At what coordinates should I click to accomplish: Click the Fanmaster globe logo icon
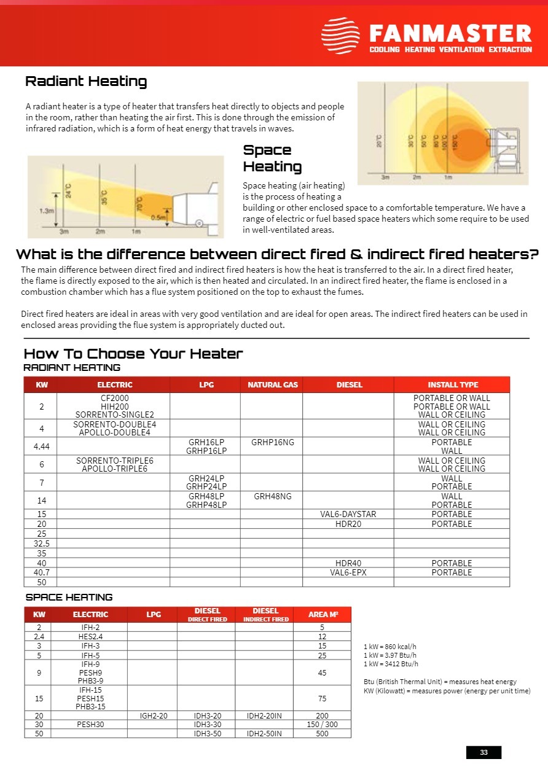pos(340,36)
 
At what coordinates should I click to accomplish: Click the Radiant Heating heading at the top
pos(86,82)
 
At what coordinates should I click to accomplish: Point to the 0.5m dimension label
pos(158,217)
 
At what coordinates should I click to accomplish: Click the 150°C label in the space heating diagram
pos(455,141)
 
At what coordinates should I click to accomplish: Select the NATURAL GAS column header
pos(272,384)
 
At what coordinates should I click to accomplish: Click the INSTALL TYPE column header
pos(453,384)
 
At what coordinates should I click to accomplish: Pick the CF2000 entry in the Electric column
pos(115,398)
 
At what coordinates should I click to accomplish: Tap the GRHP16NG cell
pos(272,442)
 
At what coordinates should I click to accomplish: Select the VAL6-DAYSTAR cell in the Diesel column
pos(348,514)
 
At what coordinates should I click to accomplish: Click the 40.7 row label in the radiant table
pos(42,572)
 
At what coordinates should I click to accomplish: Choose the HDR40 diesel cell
pos(348,563)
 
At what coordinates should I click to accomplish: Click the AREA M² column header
pos(323,615)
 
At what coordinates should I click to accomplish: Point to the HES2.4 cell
pos(90,637)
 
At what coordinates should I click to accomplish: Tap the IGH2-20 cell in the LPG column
pos(154,716)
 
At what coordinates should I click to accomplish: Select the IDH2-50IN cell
pos(264,733)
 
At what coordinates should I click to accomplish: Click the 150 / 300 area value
pos(322,725)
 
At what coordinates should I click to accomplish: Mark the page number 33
pos(483,752)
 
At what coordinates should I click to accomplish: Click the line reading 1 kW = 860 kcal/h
pos(389,647)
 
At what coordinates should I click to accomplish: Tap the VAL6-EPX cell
pos(348,572)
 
